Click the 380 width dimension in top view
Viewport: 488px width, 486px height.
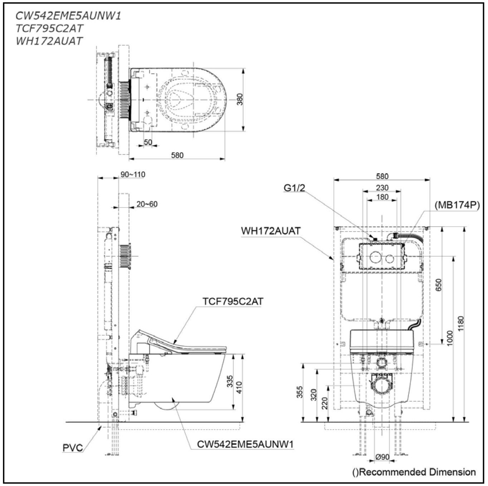tap(240, 99)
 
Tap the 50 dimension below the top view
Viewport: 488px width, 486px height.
tap(148, 142)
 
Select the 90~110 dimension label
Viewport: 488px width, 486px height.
tap(133, 175)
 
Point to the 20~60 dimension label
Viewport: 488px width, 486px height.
tap(147, 204)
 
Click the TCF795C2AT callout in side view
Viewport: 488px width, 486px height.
tap(233, 302)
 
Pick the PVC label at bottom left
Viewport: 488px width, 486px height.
tap(73, 448)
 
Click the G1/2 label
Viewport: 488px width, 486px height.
tap(294, 188)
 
